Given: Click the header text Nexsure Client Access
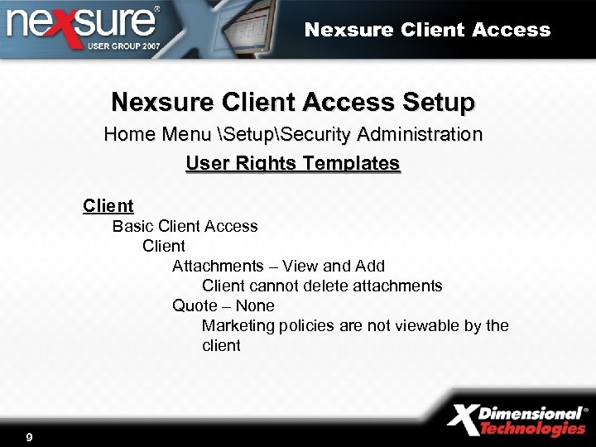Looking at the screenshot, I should [x=427, y=31].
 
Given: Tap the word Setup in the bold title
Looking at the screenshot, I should [x=439, y=103].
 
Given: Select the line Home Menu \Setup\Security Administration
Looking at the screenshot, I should [x=293, y=134].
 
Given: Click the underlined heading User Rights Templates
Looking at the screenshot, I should [x=293, y=163].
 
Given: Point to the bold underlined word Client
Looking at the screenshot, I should [x=108, y=205].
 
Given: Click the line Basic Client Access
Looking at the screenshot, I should [x=185, y=226].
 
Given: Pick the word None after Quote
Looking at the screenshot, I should [x=255, y=305].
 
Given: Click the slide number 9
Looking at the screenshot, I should [x=29, y=436].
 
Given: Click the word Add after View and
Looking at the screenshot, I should [x=370, y=266].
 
